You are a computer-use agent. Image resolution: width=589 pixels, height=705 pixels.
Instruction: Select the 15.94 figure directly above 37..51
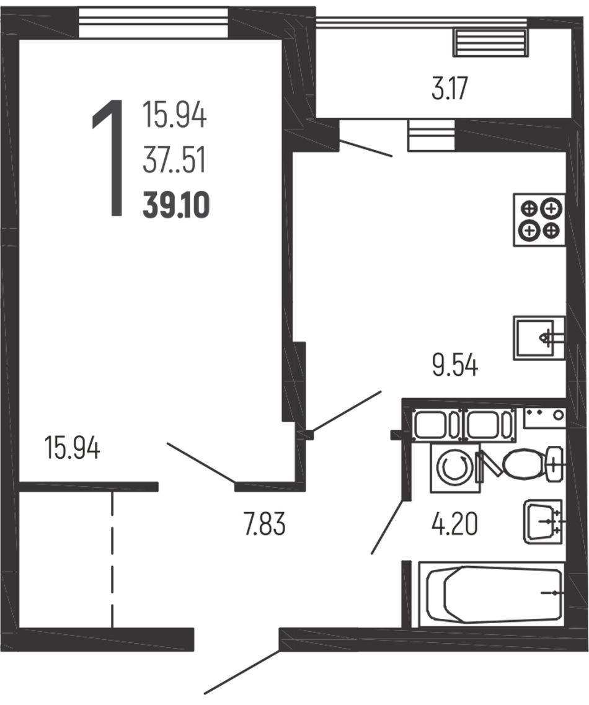coord(175,115)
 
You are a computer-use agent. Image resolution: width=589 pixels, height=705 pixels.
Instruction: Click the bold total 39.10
coord(176,205)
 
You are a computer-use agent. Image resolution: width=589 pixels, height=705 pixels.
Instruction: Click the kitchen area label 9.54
coord(454,365)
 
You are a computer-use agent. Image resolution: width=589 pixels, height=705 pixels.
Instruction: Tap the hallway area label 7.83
coord(265,524)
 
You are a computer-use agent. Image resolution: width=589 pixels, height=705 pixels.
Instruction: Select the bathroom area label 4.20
coord(454,524)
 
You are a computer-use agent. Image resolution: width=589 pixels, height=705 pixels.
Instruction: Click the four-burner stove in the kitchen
coord(539,220)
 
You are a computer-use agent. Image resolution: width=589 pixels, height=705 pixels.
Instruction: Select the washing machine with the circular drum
coord(455,468)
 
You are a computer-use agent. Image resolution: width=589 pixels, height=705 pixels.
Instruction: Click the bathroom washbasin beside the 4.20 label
coord(543,522)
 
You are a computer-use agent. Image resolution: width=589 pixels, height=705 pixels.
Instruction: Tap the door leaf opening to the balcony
coord(365,148)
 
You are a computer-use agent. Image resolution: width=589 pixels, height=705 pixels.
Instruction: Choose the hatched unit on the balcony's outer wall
coord(490,42)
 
